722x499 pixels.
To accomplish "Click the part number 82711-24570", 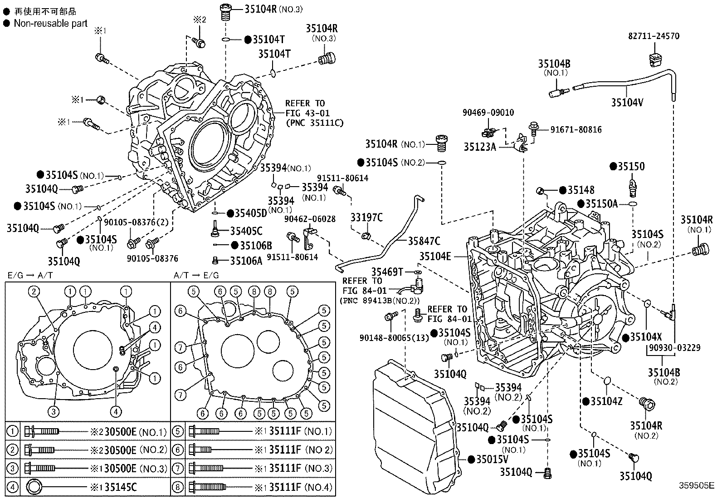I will click(654, 36).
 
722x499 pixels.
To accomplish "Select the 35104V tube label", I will click(627, 102).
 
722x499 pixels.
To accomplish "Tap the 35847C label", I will click(424, 241).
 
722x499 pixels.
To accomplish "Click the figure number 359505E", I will click(696, 484).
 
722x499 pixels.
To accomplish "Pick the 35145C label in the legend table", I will click(120, 487).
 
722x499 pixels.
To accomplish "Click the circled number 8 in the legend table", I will click(178, 487).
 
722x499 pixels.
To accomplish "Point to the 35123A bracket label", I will click(479, 147).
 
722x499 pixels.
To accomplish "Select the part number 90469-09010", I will click(488, 112).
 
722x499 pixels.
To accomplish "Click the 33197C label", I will click(366, 217).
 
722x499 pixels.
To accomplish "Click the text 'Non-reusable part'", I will click(50, 23).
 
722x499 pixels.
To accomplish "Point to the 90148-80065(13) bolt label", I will click(394, 337).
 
